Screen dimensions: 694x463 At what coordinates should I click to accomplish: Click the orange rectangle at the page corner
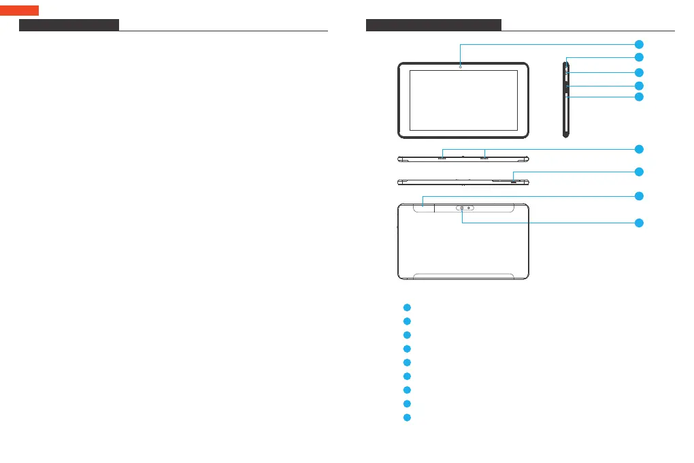(19, 10)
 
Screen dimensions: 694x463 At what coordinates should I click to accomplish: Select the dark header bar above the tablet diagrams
(433, 25)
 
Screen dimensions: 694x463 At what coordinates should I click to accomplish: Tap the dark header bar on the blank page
(69, 25)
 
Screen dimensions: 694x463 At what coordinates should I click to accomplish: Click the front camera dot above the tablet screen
(460, 66)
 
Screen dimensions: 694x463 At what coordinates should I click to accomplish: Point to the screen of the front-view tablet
(463, 100)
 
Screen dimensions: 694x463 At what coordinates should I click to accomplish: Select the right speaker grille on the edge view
(484, 159)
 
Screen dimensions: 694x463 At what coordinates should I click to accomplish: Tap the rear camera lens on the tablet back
(462, 208)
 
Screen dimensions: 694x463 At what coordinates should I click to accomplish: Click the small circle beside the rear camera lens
(469, 208)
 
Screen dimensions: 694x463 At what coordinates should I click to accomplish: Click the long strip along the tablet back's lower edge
(463, 276)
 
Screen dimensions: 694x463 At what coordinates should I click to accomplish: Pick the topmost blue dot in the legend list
(406, 307)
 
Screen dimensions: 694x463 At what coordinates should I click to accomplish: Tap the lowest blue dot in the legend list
(406, 417)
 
